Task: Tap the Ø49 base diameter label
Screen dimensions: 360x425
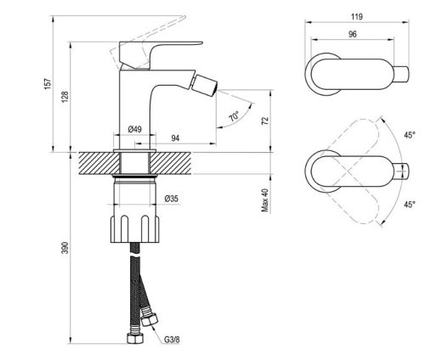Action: tap(133, 128)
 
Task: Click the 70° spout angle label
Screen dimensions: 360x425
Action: tap(234, 117)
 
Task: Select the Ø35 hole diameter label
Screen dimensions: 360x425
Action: tap(170, 200)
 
